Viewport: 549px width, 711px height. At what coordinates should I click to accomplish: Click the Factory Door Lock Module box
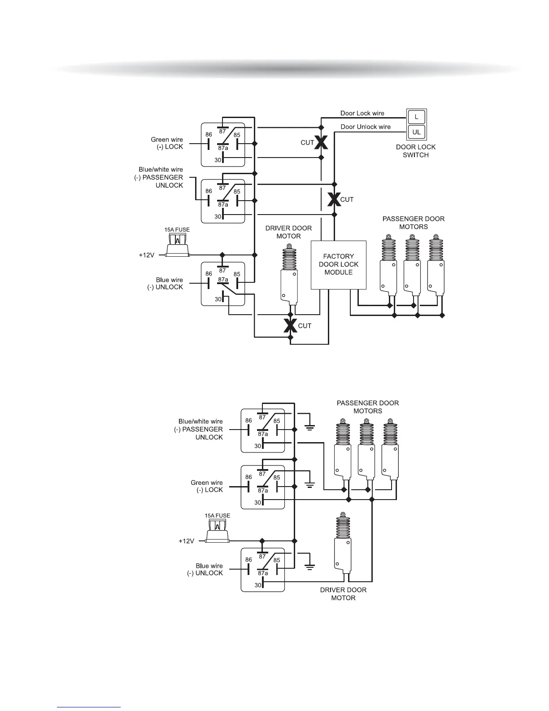pyautogui.click(x=339, y=264)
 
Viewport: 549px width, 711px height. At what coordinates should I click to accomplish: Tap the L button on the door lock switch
pyautogui.click(x=416, y=117)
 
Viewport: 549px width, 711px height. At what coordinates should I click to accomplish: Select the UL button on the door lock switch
pyautogui.click(x=416, y=132)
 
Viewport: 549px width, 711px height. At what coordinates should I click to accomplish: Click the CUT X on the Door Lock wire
pyautogui.click(x=321, y=143)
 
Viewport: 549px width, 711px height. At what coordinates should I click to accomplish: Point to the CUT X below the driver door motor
pyautogui.click(x=290, y=325)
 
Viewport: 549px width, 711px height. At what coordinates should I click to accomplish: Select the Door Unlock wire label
pyautogui.click(x=366, y=127)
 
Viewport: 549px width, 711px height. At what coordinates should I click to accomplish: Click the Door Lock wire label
pyautogui.click(x=362, y=114)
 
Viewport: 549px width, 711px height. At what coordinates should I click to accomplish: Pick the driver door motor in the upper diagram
pyautogui.click(x=288, y=274)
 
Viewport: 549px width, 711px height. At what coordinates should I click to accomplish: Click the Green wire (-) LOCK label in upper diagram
pyautogui.click(x=167, y=143)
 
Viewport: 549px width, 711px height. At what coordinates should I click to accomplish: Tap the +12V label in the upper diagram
pyautogui.click(x=147, y=255)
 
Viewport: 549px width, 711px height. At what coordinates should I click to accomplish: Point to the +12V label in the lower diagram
pyautogui.click(x=187, y=541)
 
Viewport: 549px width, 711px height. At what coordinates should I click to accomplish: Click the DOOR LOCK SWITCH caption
pyautogui.click(x=416, y=151)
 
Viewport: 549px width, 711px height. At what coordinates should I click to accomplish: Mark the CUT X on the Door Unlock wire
pyautogui.click(x=334, y=199)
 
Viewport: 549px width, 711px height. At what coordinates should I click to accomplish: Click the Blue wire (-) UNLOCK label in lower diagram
pyautogui.click(x=205, y=570)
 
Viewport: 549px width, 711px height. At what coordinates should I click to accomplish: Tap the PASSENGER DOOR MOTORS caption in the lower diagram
pyautogui.click(x=368, y=407)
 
